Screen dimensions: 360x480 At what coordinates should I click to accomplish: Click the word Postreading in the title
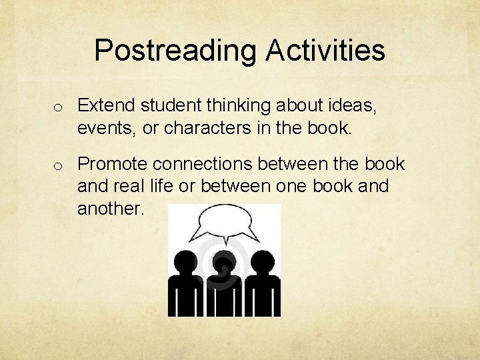point(175,51)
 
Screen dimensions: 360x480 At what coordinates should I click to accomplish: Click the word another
point(111,209)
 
